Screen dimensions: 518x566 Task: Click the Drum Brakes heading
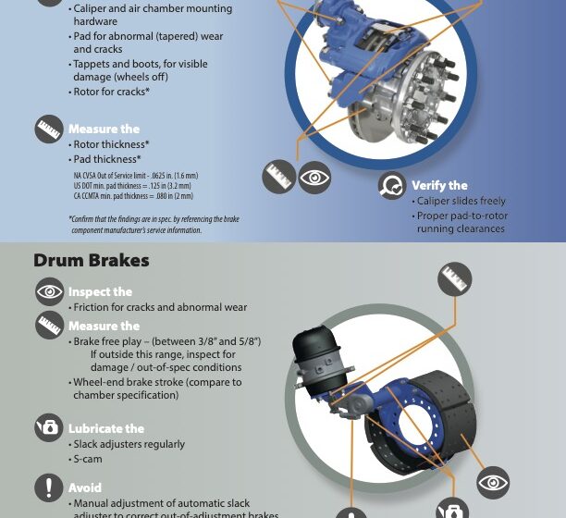pos(91,261)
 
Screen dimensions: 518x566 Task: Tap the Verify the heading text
pos(439,185)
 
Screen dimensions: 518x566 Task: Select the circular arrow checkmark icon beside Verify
pos(392,186)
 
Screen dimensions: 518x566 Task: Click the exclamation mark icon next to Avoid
pos(49,487)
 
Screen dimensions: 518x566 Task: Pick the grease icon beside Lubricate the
pos(49,427)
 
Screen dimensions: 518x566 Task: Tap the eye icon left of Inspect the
pos(49,292)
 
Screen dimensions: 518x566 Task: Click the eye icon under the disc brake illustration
pos(314,177)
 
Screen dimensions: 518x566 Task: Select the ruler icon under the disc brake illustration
pos(278,177)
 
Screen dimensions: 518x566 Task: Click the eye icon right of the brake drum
pos(493,483)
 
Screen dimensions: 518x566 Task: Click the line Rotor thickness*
pos(111,144)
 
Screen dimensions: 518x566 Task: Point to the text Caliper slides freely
pos(461,201)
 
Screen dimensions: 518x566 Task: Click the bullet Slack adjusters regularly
pos(129,444)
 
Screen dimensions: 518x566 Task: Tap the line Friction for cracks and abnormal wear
pos(160,307)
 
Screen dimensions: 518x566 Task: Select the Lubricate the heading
pos(106,428)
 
